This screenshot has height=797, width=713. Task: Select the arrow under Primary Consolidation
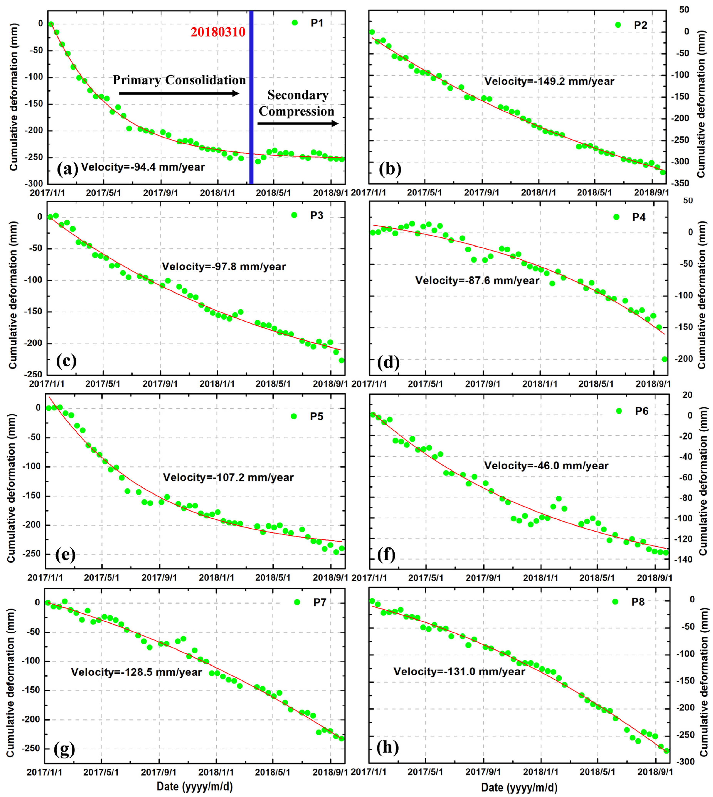point(179,93)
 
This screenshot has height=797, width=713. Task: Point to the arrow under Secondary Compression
point(298,123)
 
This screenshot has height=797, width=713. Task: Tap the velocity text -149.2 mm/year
point(549,82)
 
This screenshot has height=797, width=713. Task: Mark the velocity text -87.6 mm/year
point(477,281)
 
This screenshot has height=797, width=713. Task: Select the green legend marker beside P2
point(618,25)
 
